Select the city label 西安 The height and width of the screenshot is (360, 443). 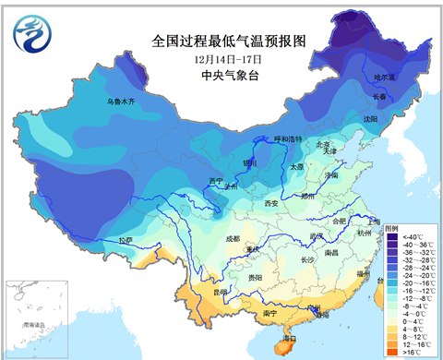[271, 202]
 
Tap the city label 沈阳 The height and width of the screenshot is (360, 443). [370, 119]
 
